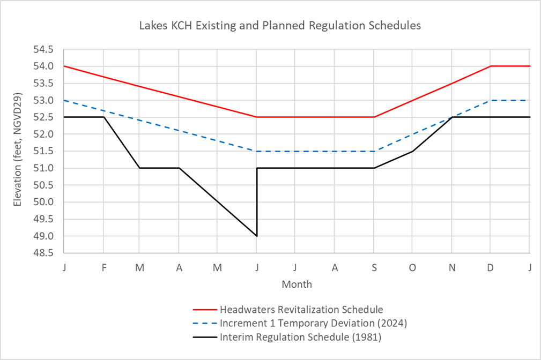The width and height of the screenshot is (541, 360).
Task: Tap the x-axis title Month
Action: [x=297, y=284]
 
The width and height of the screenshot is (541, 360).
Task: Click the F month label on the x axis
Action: [x=103, y=267]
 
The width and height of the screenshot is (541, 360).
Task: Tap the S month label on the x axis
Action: [x=374, y=267]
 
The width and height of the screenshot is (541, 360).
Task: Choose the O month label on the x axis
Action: [x=412, y=267]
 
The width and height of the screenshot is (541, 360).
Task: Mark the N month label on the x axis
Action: [x=451, y=267]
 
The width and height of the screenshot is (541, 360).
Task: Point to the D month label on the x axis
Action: [x=490, y=267]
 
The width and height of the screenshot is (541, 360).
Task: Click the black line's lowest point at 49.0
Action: [x=257, y=236]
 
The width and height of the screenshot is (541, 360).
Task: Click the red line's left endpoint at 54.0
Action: [x=64, y=66]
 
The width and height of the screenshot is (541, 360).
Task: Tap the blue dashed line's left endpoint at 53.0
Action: [x=64, y=100]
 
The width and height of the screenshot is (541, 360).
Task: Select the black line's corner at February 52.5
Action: [x=103, y=117]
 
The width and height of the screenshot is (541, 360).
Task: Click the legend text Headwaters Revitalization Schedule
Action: [x=301, y=310]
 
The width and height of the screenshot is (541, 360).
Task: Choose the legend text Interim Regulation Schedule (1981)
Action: [x=300, y=337]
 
